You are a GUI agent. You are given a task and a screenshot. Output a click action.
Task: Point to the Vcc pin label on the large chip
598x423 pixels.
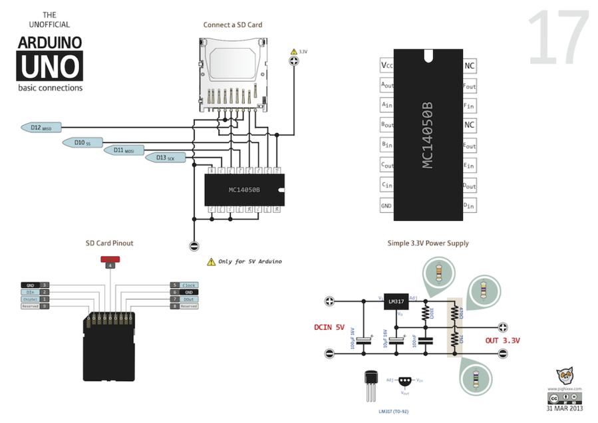[387, 66]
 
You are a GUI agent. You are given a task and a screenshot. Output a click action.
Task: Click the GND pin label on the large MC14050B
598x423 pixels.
[386, 206]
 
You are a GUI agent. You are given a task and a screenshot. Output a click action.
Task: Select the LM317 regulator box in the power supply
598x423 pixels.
[395, 302]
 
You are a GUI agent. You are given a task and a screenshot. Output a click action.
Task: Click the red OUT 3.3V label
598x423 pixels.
[502, 341]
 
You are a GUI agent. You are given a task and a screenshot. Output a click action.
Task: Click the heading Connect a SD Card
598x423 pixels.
[233, 25]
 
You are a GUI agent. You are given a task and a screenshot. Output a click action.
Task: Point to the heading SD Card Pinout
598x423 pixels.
[110, 243]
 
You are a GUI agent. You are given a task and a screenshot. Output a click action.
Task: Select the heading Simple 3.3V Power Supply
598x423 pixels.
[428, 243]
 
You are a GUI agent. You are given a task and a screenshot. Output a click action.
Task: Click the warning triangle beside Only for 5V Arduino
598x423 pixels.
[211, 262]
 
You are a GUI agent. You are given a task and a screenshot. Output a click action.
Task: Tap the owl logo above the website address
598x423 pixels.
[565, 376]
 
